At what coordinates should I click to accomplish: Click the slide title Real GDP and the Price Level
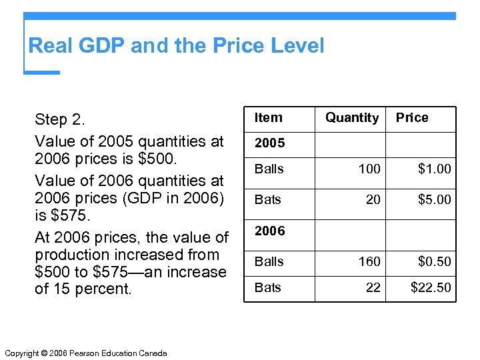tap(176, 46)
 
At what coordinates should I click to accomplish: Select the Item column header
tap(269, 118)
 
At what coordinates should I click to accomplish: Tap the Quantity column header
tap(351, 118)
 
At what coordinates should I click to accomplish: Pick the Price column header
tap(412, 118)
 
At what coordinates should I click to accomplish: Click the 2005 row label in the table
tap(270, 143)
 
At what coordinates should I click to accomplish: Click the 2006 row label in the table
tap(270, 231)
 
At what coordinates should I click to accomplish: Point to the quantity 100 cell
tap(369, 169)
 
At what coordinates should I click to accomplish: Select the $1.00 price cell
tap(434, 169)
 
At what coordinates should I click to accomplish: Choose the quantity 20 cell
tap(373, 199)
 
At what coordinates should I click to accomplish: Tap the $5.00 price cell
tap(434, 199)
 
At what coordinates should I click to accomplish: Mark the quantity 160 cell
tap(369, 261)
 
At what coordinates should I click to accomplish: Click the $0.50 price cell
tap(434, 261)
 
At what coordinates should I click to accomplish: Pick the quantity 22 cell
tap(373, 288)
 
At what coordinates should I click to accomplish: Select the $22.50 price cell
tap(431, 288)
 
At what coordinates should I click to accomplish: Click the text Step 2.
tap(60, 120)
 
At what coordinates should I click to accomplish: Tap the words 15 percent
tap(91, 289)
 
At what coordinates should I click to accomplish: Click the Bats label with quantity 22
tap(269, 288)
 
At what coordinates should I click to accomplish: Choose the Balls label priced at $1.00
tap(269, 169)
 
